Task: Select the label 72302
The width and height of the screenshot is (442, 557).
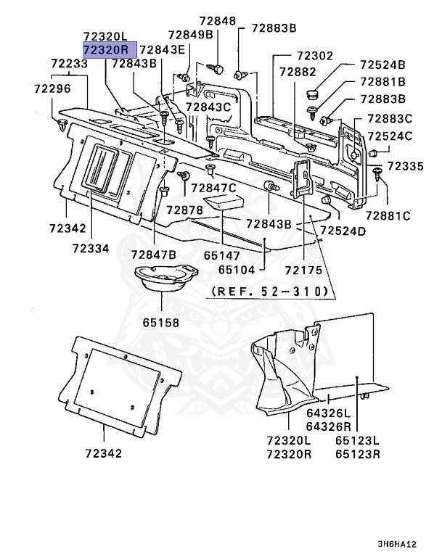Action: [x=314, y=56]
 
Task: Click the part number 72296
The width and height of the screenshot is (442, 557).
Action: [x=52, y=88]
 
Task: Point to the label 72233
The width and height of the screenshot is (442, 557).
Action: [x=69, y=64]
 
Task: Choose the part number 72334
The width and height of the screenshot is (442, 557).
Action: [x=90, y=248]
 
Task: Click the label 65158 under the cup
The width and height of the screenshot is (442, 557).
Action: [x=160, y=321]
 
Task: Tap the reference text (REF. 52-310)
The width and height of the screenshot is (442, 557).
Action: [x=270, y=292]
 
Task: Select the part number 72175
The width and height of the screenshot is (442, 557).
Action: [x=303, y=270]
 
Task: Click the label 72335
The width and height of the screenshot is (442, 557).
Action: [x=405, y=166]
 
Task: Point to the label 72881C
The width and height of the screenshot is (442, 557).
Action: [x=388, y=215]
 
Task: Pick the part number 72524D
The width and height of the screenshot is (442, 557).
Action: [x=343, y=231]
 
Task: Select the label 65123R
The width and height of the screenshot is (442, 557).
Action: [x=358, y=454]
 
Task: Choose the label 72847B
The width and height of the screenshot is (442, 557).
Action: [x=153, y=255]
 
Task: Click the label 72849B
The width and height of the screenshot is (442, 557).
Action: [x=190, y=34]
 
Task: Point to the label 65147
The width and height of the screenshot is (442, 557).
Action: [x=221, y=255]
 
